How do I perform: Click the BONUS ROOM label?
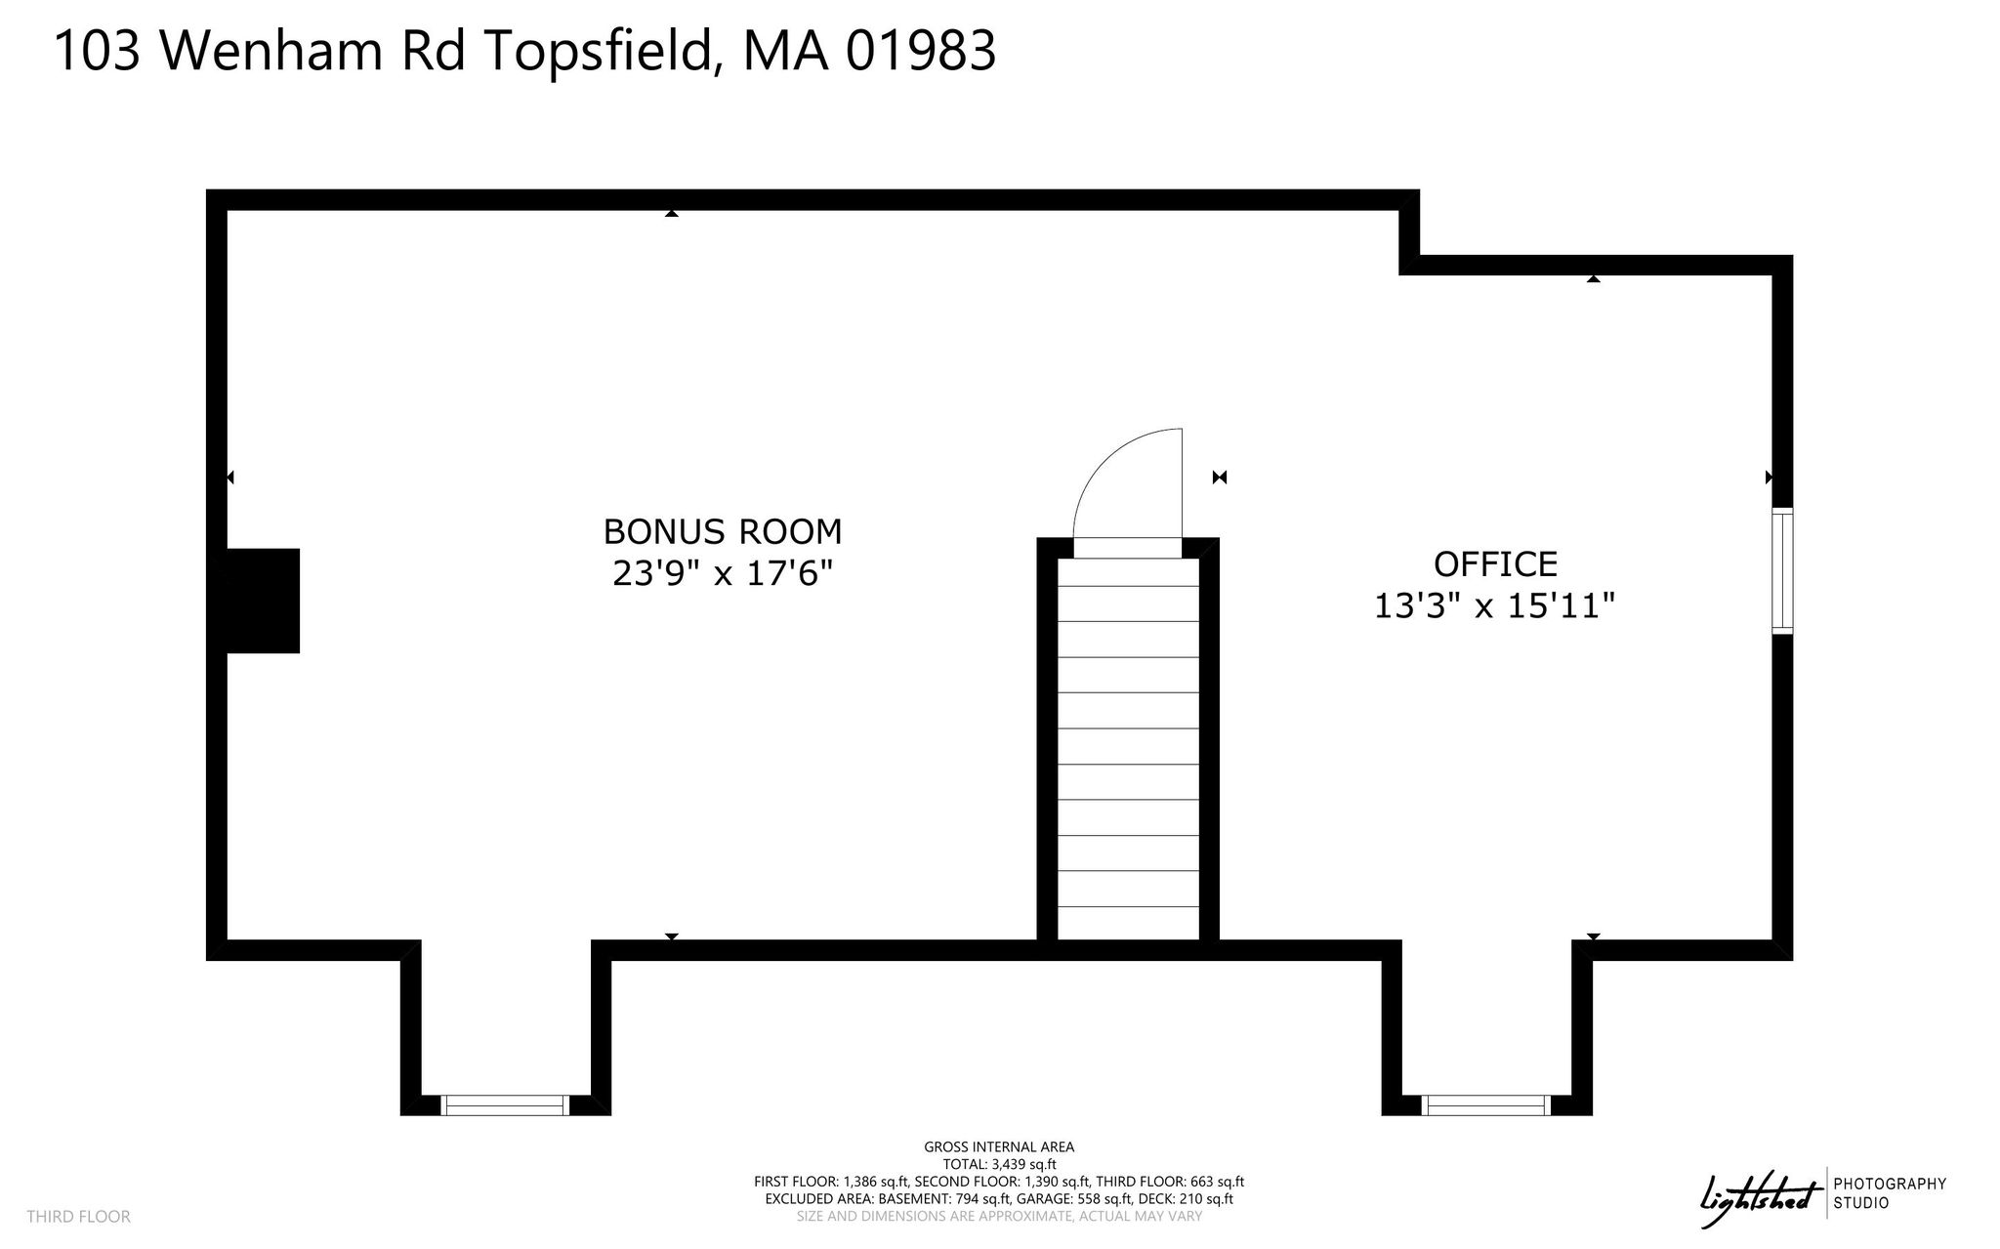pos(723,531)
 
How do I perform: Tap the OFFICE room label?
pos(1495,563)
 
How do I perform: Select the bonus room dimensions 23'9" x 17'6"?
pos(723,573)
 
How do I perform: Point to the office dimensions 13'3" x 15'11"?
pos(1495,606)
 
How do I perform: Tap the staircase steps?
pos(1128,748)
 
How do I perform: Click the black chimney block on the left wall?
pos(263,601)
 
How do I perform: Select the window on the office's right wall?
pos(1783,571)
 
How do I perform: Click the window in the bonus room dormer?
pos(505,1105)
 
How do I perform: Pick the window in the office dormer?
pos(1486,1105)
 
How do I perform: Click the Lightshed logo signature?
pos(1761,1193)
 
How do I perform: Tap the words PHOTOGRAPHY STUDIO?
pos(1890,1193)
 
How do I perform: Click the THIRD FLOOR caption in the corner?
pos(78,1217)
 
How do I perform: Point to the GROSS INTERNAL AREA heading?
pos(999,1147)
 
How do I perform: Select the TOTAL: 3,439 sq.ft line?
pos(999,1164)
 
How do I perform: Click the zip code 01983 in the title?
pos(920,51)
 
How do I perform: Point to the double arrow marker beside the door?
pos(1219,478)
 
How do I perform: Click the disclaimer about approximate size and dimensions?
pos(999,1217)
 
